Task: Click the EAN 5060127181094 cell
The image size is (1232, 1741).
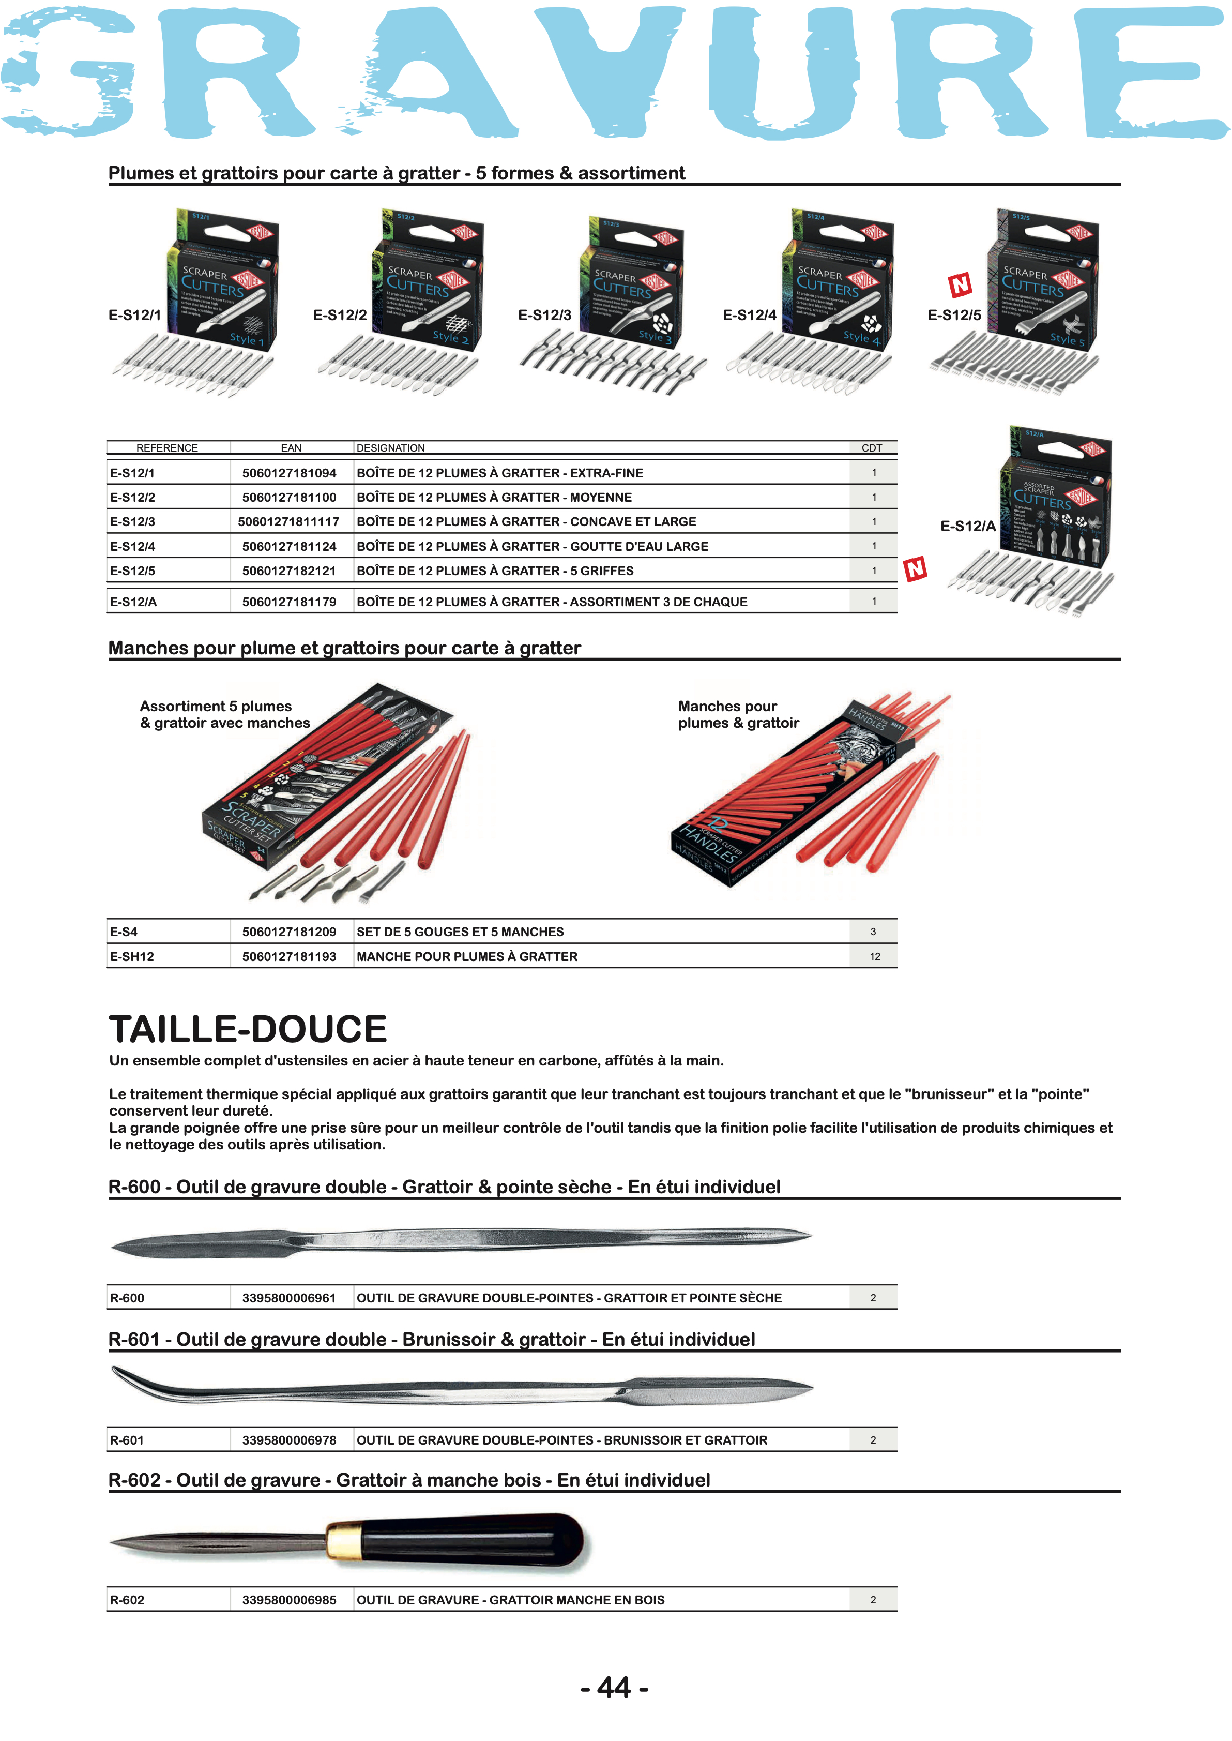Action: (289, 473)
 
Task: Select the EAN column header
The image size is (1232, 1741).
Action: (291, 448)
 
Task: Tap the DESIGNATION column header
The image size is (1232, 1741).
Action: (391, 448)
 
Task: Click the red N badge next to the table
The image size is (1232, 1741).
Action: (915, 568)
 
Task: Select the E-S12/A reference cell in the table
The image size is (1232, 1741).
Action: (133, 602)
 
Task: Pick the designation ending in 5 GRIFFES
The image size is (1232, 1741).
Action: (495, 571)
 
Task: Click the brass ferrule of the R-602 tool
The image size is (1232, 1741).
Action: (344, 1542)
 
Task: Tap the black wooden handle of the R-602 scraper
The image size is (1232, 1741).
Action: (470, 1541)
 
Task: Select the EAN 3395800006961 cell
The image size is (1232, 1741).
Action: (289, 1298)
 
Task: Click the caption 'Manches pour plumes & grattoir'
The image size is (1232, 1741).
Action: (738, 714)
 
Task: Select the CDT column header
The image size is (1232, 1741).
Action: (872, 448)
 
